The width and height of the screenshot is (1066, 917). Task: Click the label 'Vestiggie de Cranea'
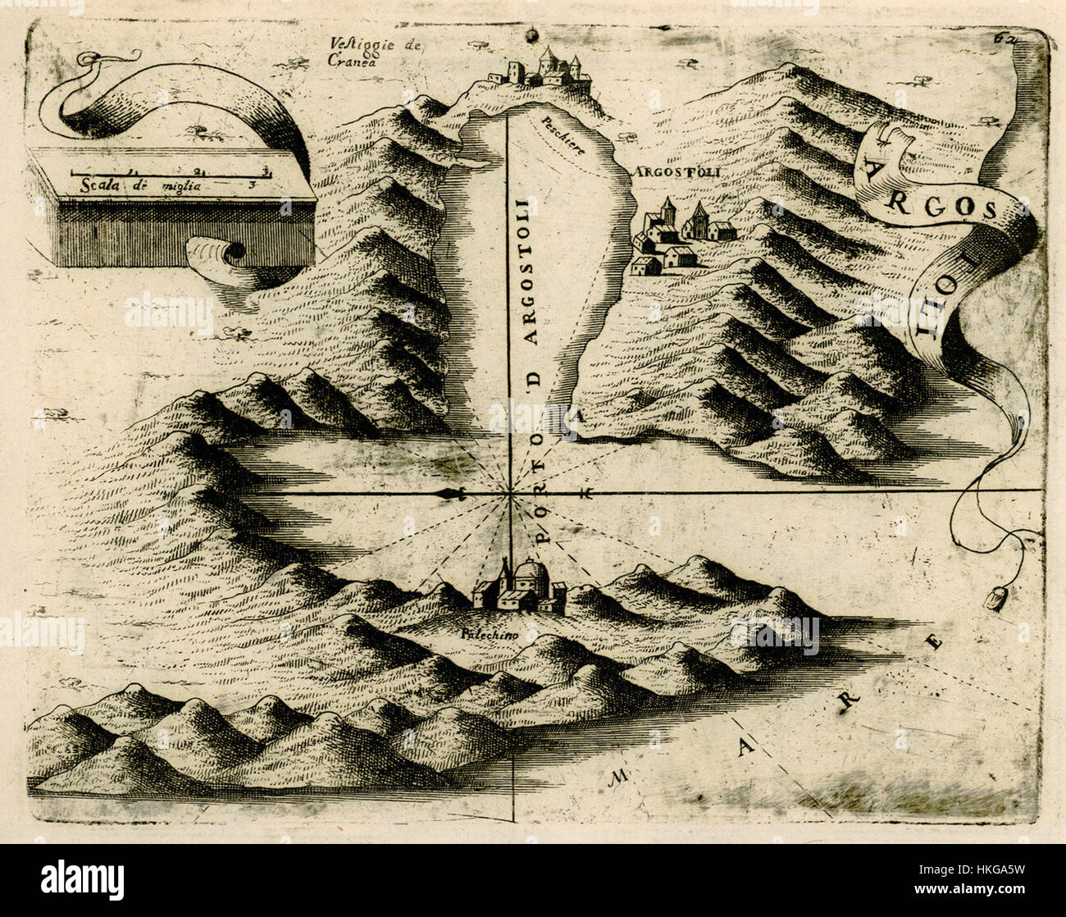pyautogui.click(x=374, y=52)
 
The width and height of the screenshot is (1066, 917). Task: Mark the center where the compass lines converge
pyautogui.click(x=509, y=493)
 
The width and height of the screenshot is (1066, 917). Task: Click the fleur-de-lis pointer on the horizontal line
pyautogui.click(x=450, y=493)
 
